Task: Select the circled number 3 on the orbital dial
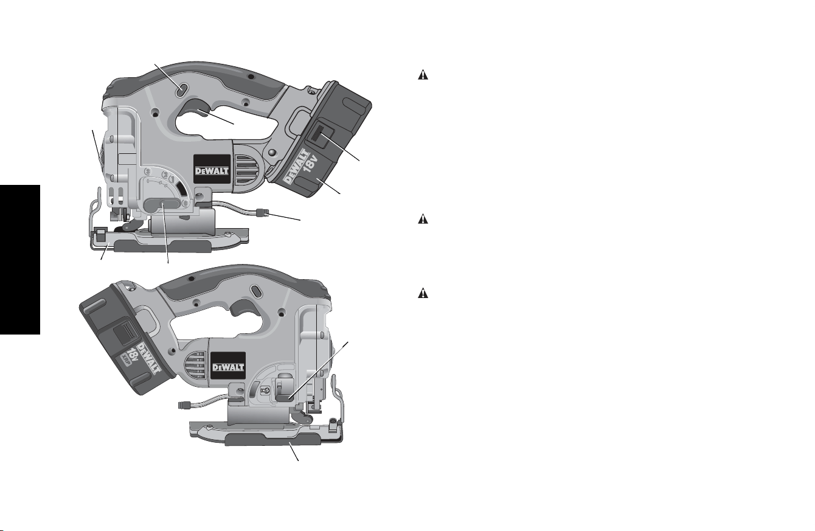pos(148,171)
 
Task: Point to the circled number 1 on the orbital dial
pos(173,179)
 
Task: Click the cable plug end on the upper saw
pos(262,212)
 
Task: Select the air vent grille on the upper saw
pos(246,170)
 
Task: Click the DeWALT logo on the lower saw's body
pos(228,367)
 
